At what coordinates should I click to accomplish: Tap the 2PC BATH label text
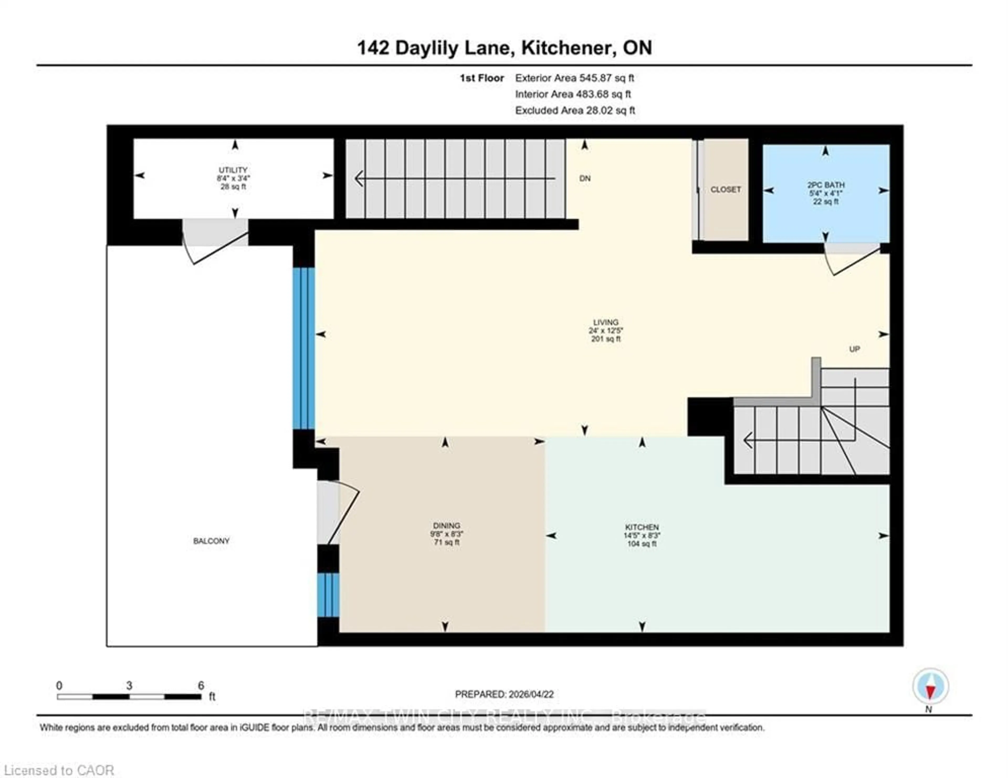pos(826,185)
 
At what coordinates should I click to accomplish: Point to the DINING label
pos(446,525)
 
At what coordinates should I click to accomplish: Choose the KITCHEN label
pos(642,527)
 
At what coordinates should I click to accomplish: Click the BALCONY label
pos(211,541)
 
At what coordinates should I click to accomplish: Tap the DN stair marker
pos(585,178)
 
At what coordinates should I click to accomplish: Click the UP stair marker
pos(854,349)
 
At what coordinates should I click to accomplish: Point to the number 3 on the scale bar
pos(129,686)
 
